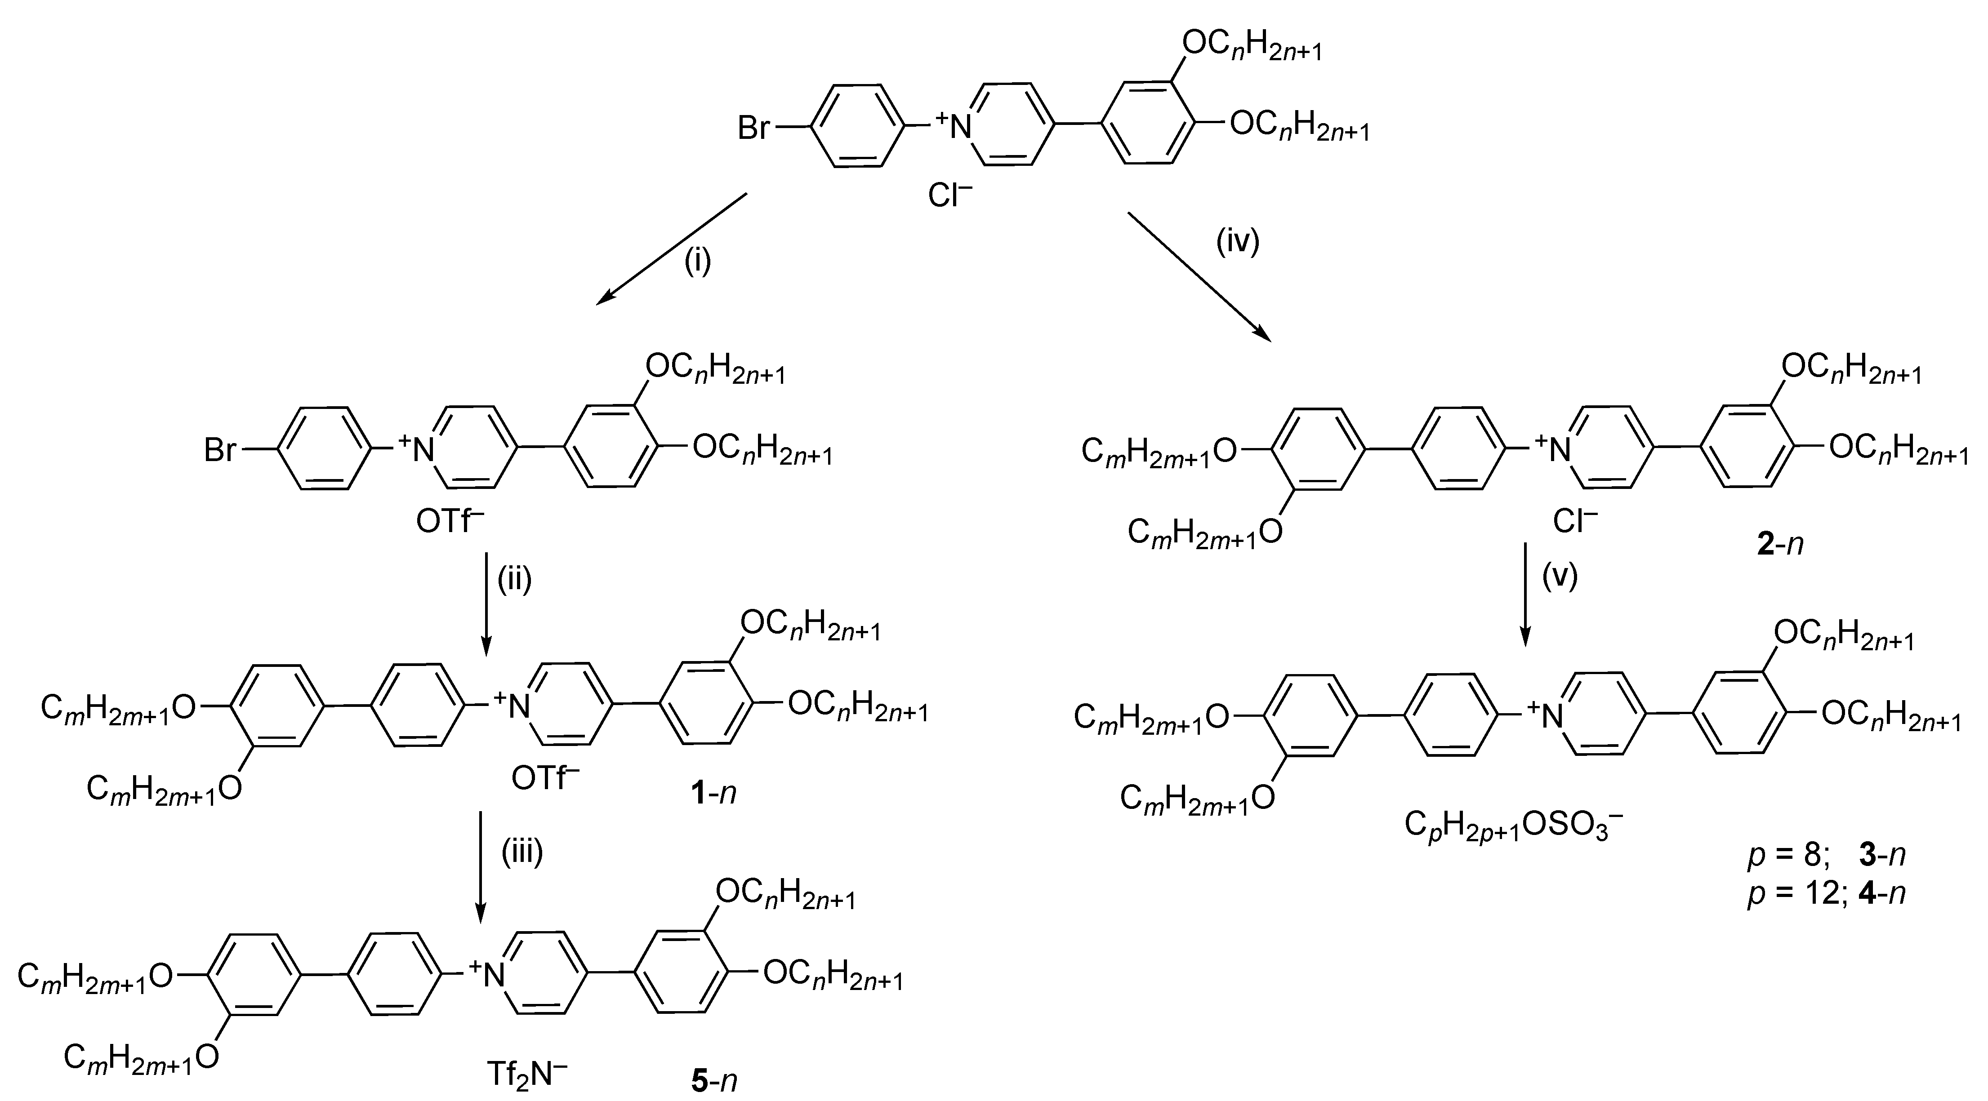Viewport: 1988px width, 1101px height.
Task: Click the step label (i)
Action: tap(697, 262)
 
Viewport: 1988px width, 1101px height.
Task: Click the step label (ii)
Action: tap(515, 579)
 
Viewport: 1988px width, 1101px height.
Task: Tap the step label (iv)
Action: tap(1238, 241)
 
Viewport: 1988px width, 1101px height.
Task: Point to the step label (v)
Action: tap(1560, 577)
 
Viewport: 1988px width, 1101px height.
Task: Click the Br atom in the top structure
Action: tap(754, 127)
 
